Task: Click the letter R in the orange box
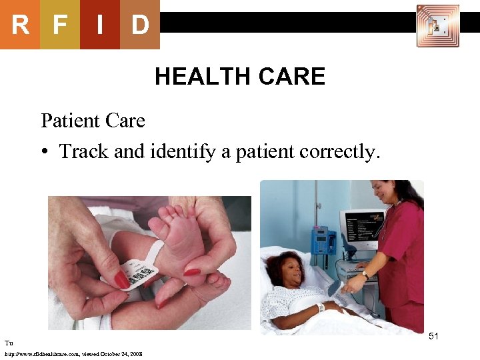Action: tap(20, 25)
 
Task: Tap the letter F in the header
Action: tap(60, 25)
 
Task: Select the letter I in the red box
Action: tap(99, 25)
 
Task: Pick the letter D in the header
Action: tap(139, 25)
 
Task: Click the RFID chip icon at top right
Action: tap(437, 26)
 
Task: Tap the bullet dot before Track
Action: tap(45, 152)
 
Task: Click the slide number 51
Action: tap(433, 336)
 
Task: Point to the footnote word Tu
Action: tap(9, 343)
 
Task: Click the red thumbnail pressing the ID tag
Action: tap(122, 280)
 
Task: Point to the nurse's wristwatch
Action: tap(365, 274)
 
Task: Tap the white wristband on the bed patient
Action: tap(321, 307)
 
